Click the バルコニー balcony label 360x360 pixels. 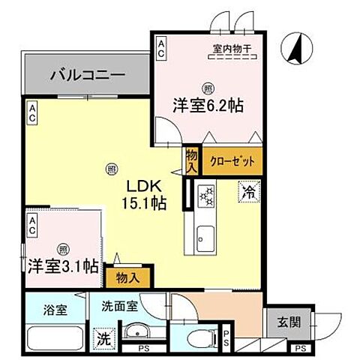[85, 76]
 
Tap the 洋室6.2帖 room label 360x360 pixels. [208, 106]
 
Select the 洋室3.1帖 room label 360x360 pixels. [63, 265]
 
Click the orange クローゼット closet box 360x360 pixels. [232, 160]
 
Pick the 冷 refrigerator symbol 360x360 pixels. [249, 191]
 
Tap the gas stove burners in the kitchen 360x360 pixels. [205, 198]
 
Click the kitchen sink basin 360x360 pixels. [205, 241]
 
